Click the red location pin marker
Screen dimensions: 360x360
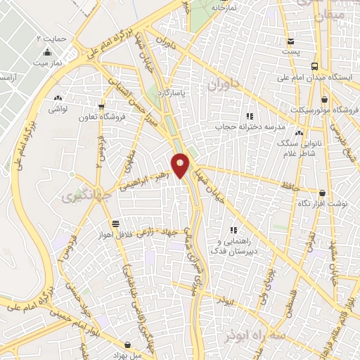tap(181, 165)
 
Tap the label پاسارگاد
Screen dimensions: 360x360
tap(189, 92)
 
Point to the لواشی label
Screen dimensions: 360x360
tap(57, 110)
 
